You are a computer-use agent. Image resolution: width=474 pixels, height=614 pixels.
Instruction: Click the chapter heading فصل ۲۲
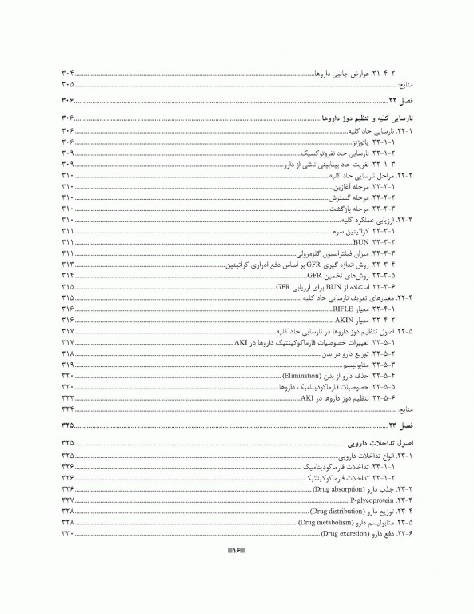(398, 100)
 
